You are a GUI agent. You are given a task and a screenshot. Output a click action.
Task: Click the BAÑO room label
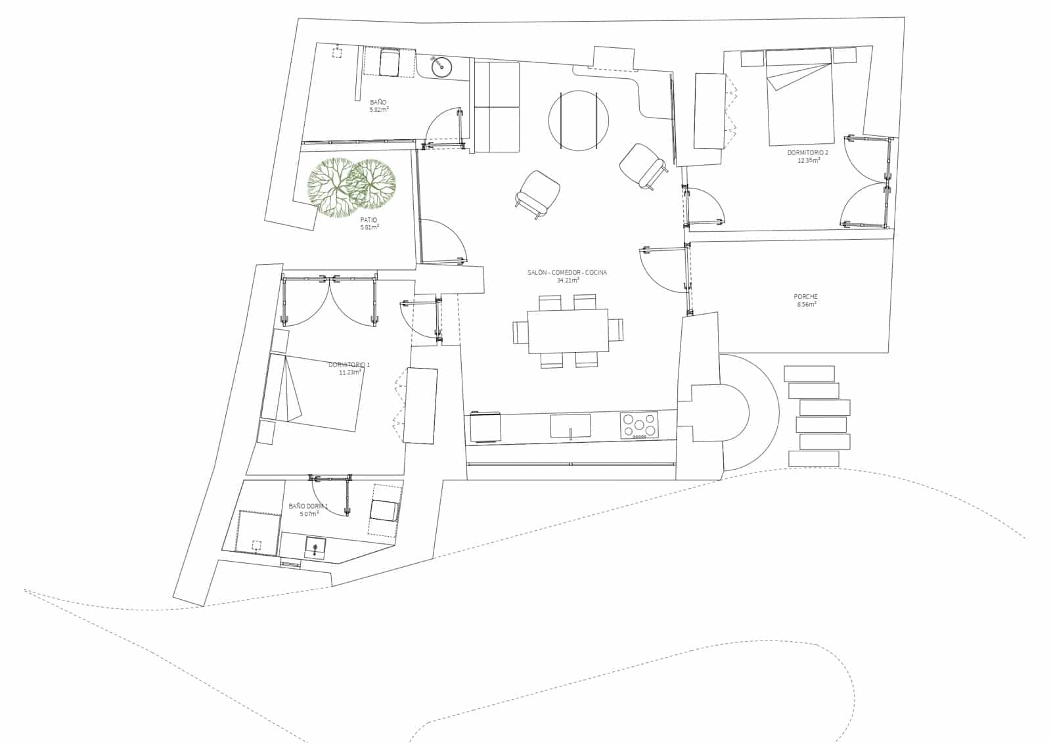click(x=378, y=102)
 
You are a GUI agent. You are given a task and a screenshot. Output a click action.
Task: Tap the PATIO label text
click(x=369, y=220)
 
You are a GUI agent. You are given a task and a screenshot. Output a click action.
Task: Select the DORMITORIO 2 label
click(x=807, y=152)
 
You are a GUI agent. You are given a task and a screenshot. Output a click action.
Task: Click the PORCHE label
click(x=805, y=297)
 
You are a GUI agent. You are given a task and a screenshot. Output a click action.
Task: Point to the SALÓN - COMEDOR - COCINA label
click(x=567, y=273)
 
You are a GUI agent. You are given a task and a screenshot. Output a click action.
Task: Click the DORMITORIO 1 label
click(x=349, y=365)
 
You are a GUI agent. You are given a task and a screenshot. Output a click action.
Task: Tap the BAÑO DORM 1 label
click(x=308, y=507)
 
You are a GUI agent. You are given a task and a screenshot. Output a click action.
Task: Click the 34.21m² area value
click(x=568, y=281)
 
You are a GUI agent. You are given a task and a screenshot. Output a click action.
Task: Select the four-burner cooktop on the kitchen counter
click(x=639, y=425)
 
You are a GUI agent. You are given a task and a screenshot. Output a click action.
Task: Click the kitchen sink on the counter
click(x=570, y=426)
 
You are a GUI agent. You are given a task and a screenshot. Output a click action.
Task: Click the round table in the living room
click(x=578, y=120)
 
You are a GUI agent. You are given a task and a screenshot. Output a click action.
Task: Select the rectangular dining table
click(x=568, y=331)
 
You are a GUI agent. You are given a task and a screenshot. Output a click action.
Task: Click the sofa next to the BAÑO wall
click(x=497, y=107)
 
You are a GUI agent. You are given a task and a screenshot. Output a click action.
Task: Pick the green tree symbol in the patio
click(x=351, y=186)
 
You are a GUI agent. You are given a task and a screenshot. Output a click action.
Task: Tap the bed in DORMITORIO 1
click(x=314, y=391)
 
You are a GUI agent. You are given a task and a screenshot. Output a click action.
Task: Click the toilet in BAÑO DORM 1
click(x=384, y=510)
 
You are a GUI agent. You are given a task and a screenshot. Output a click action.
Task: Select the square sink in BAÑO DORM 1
click(x=315, y=547)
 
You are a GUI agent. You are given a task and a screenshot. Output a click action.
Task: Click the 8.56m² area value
click(x=805, y=305)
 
